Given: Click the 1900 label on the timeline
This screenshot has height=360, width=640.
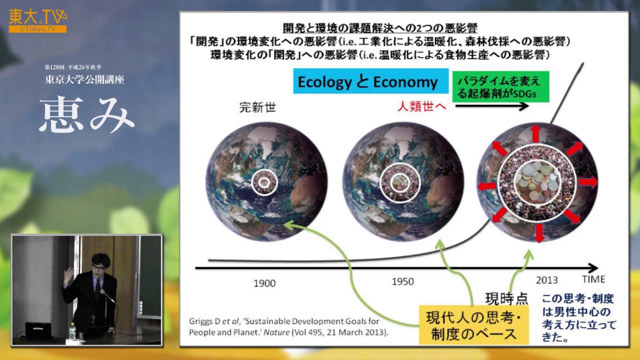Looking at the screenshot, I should tap(264, 283).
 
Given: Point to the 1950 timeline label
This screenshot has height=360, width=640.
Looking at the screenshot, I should tap(402, 281).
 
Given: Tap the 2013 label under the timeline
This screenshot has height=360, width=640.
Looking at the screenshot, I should tap(546, 280).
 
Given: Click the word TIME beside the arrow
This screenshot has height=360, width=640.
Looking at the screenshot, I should tap(593, 279).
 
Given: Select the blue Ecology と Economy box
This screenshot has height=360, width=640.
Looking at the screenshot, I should tap(367, 82).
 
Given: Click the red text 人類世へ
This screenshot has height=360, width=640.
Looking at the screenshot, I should tap(422, 106).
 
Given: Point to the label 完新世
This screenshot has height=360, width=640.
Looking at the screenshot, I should tap(257, 107).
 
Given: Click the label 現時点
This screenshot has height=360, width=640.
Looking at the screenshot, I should tap(506, 298).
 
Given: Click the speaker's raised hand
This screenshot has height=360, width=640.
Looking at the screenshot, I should tap(67, 274).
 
